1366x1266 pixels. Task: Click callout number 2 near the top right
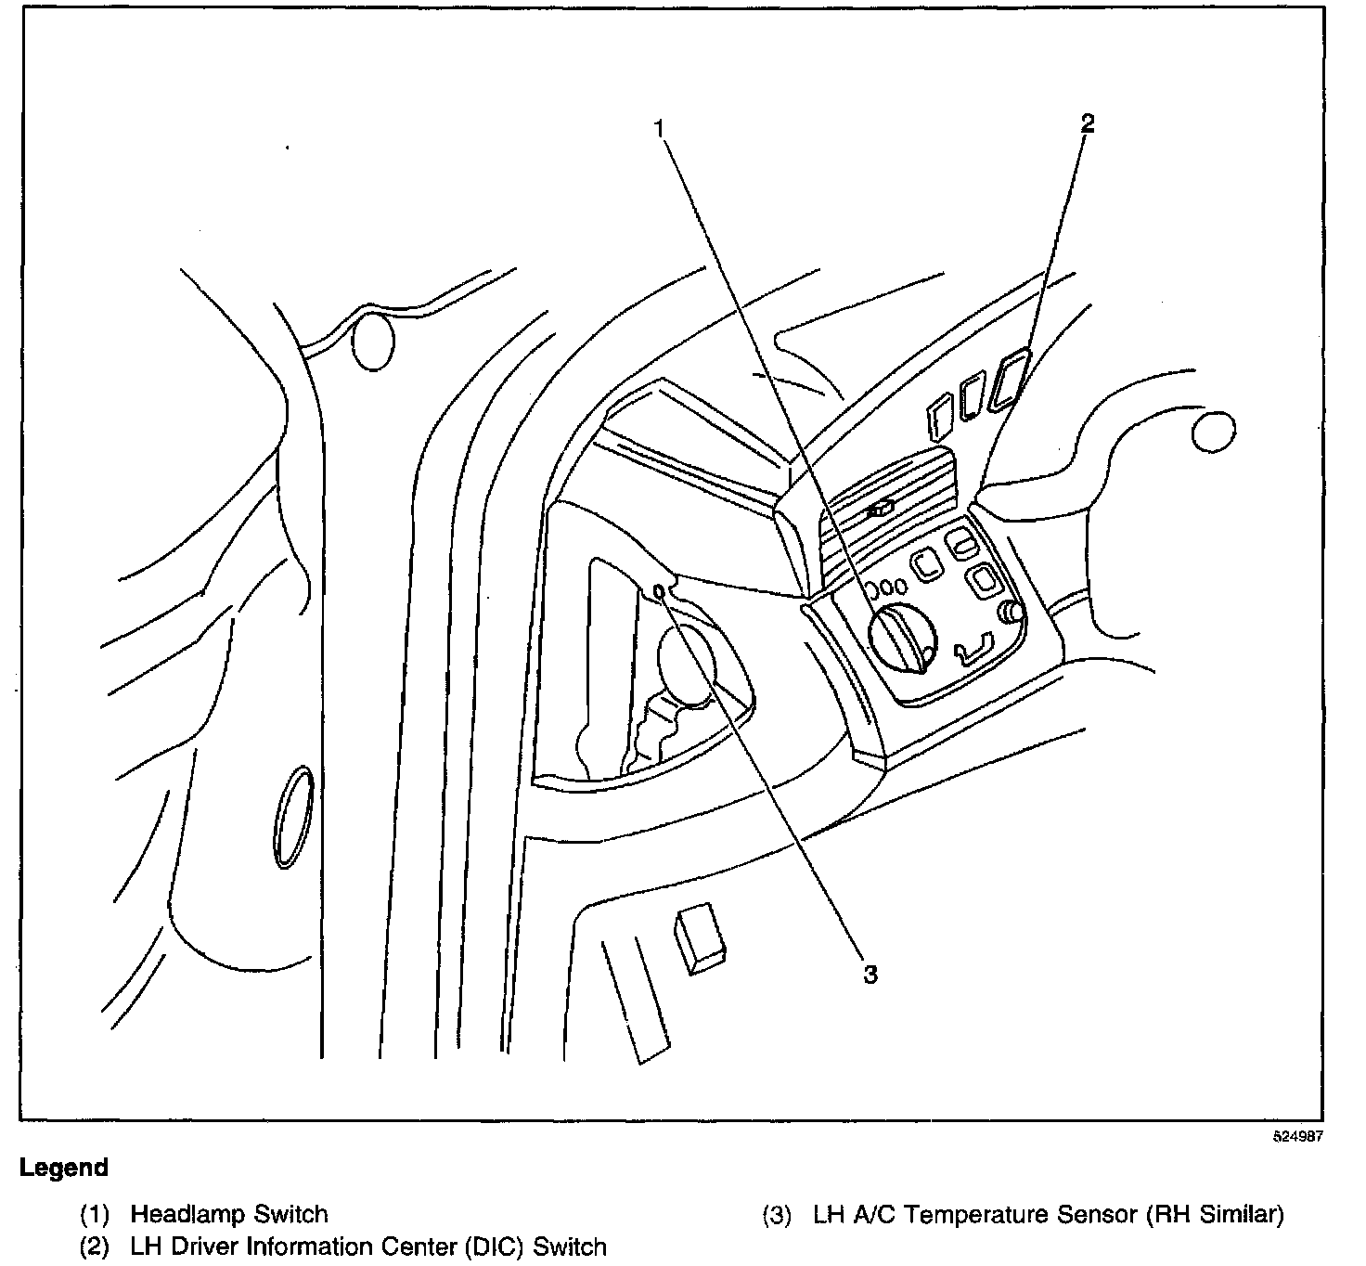[x=1088, y=123]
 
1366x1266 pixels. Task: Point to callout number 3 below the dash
[x=870, y=974]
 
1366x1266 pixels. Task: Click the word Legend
[x=64, y=1169]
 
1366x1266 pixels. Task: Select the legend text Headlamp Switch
[x=229, y=1214]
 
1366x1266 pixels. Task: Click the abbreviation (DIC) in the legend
[x=468, y=1246]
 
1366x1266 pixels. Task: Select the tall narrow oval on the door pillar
[x=293, y=818]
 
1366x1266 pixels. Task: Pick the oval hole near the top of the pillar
[x=374, y=342]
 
